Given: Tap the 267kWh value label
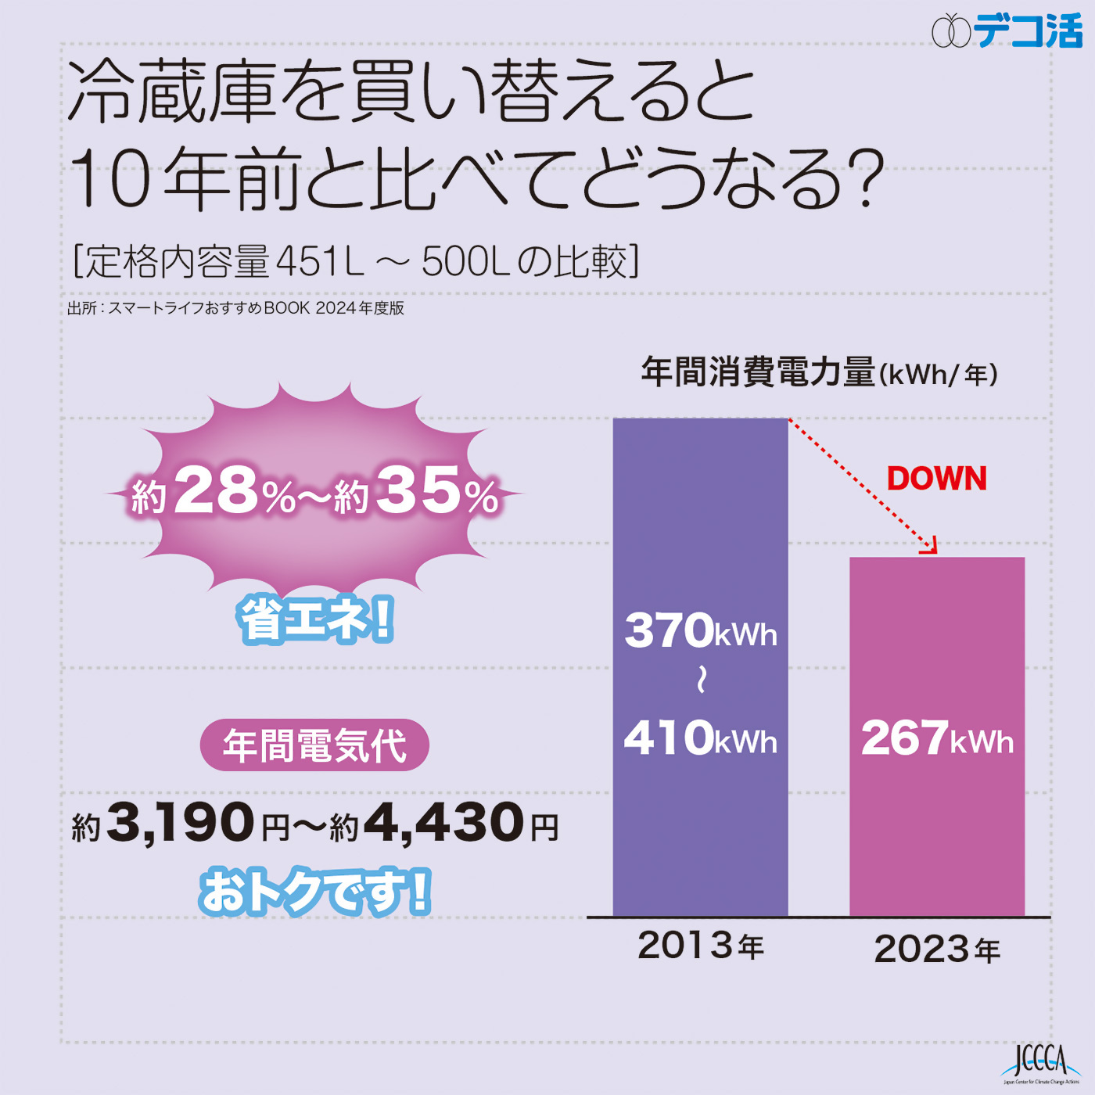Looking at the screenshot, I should [x=936, y=738].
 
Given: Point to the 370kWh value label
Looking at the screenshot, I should [x=700, y=631].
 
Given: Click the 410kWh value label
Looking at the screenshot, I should [x=700, y=738].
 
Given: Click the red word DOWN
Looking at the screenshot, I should [x=936, y=479].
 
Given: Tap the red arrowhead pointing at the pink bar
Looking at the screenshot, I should [x=929, y=547].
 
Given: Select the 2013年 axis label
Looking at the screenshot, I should [x=700, y=946].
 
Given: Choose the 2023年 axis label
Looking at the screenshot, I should [x=936, y=950].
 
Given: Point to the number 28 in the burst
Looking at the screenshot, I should [x=216, y=491].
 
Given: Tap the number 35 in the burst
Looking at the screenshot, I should [x=418, y=491].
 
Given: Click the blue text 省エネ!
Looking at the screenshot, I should [x=315, y=619].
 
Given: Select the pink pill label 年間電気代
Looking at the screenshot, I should [x=314, y=745].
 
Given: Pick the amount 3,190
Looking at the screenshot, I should [x=181, y=823].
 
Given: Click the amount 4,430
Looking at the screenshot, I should [x=443, y=823].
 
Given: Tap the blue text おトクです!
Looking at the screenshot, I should [x=315, y=892].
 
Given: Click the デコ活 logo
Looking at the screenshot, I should [x=1007, y=31].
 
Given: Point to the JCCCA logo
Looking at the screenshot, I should [x=1040, y=1064].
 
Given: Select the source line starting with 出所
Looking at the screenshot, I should [x=235, y=308].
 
